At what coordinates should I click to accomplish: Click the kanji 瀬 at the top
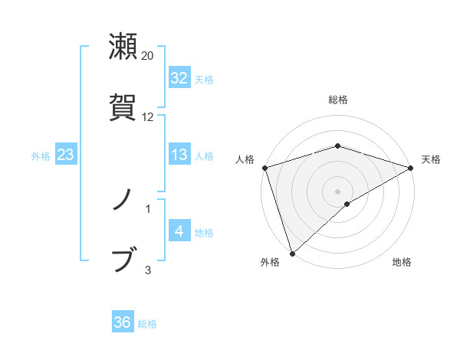pyautogui.click(x=123, y=47)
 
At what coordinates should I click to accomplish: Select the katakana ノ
pyautogui.click(x=123, y=202)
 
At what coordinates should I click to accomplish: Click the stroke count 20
pyautogui.click(x=148, y=56)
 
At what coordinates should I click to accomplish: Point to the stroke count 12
pyautogui.click(x=148, y=116)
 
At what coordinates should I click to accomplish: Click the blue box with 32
pyautogui.click(x=179, y=78)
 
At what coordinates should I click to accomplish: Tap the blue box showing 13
pyautogui.click(x=179, y=155)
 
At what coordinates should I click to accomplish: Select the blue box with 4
pyautogui.click(x=179, y=231)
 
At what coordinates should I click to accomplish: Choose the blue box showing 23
pyautogui.click(x=66, y=155)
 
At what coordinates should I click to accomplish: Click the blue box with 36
pyautogui.click(x=123, y=322)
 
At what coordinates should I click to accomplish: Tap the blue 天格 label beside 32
pyautogui.click(x=204, y=79)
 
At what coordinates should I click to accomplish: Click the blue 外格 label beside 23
pyautogui.click(x=41, y=155)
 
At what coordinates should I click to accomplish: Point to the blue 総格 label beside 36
pyautogui.click(x=147, y=323)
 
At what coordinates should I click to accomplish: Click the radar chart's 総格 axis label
pyautogui.click(x=337, y=100)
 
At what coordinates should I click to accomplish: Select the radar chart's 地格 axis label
pyautogui.click(x=402, y=262)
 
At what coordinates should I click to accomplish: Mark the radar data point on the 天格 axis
pyautogui.click(x=410, y=167)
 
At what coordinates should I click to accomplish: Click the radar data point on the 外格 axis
pyautogui.click(x=292, y=253)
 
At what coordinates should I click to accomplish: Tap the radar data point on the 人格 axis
pyautogui.click(x=264, y=167)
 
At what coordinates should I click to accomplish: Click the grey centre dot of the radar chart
pyautogui.click(x=337, y=191)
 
